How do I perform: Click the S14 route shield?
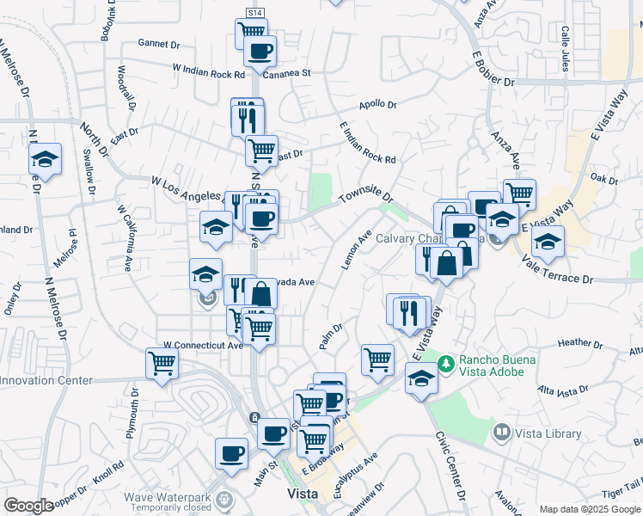[x=254, y=14]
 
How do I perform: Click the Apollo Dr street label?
[x=378, y=105]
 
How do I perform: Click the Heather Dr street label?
[x=580, y=342]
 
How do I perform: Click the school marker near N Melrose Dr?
[x=45, y=159]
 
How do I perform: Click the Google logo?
[x=28, y=506]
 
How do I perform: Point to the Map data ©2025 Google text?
[x=588, y=509]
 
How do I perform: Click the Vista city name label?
[x=303, y=494]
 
